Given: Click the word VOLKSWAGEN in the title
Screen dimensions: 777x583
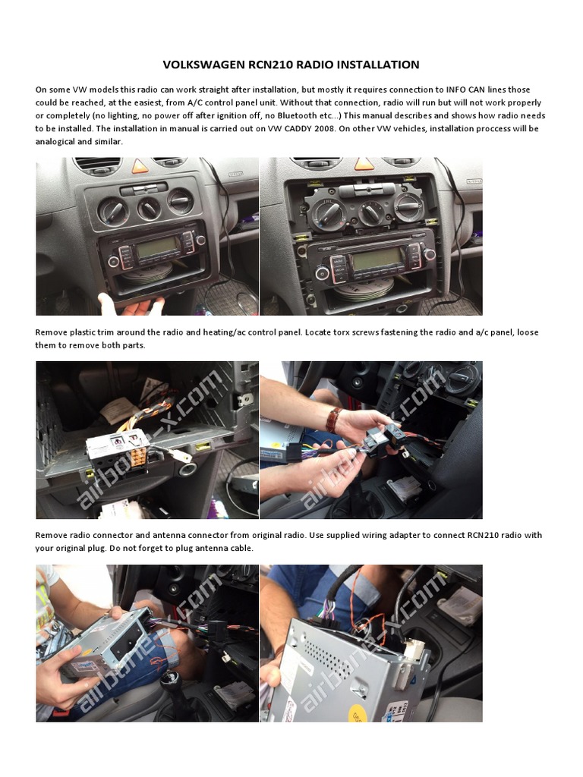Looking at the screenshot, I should pos(200,65).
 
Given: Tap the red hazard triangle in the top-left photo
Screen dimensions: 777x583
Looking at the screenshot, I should pos(140,165).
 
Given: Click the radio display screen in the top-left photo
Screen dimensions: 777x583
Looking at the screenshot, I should pos(159,247).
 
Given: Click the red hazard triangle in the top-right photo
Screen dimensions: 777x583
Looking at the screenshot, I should pos(364,163).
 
